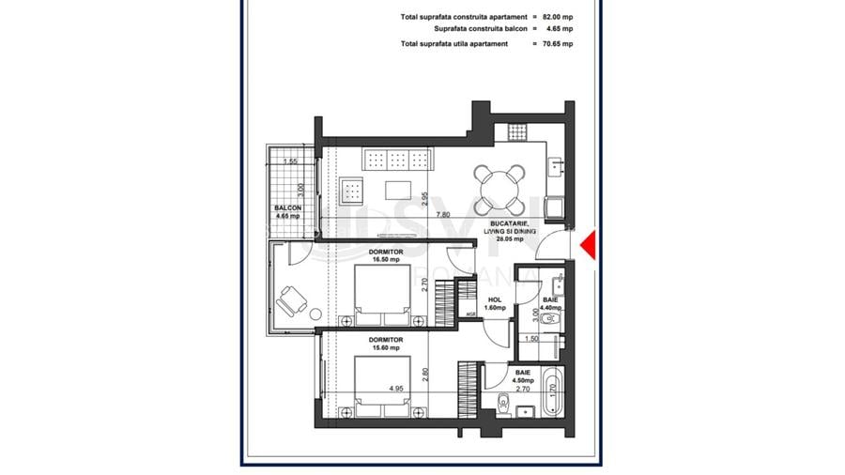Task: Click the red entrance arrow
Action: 588,246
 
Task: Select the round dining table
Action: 499,188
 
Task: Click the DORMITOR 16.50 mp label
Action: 386,256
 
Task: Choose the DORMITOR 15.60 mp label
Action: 386,344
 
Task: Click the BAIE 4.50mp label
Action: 523,376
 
